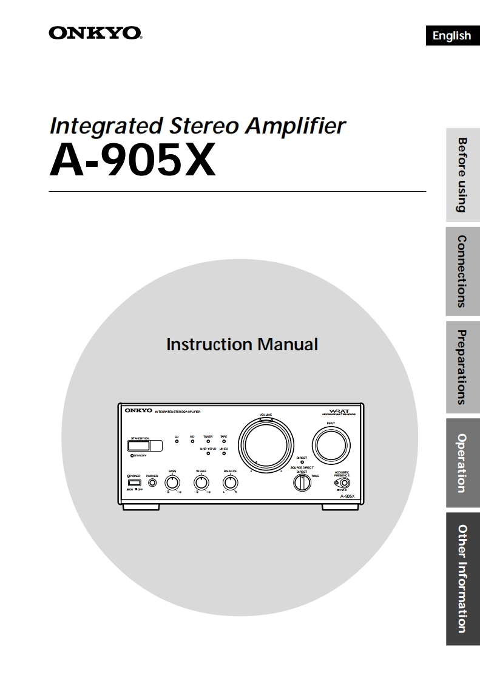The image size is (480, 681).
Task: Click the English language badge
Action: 451,36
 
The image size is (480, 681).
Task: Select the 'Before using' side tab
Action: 463,175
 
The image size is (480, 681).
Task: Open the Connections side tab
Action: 463,271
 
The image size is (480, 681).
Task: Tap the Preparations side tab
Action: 463,367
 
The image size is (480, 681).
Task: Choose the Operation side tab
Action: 463,462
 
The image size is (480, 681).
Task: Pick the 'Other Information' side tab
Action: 463,579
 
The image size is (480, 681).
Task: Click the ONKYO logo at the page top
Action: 95,33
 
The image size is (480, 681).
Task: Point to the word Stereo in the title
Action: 203,126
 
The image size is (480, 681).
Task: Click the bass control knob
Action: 173,483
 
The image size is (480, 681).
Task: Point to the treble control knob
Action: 201,483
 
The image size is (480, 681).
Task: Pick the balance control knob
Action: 230,483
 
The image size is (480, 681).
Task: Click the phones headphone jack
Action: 152,483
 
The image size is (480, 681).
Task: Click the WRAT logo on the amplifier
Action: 339,410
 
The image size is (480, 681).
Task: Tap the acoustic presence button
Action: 345,484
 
